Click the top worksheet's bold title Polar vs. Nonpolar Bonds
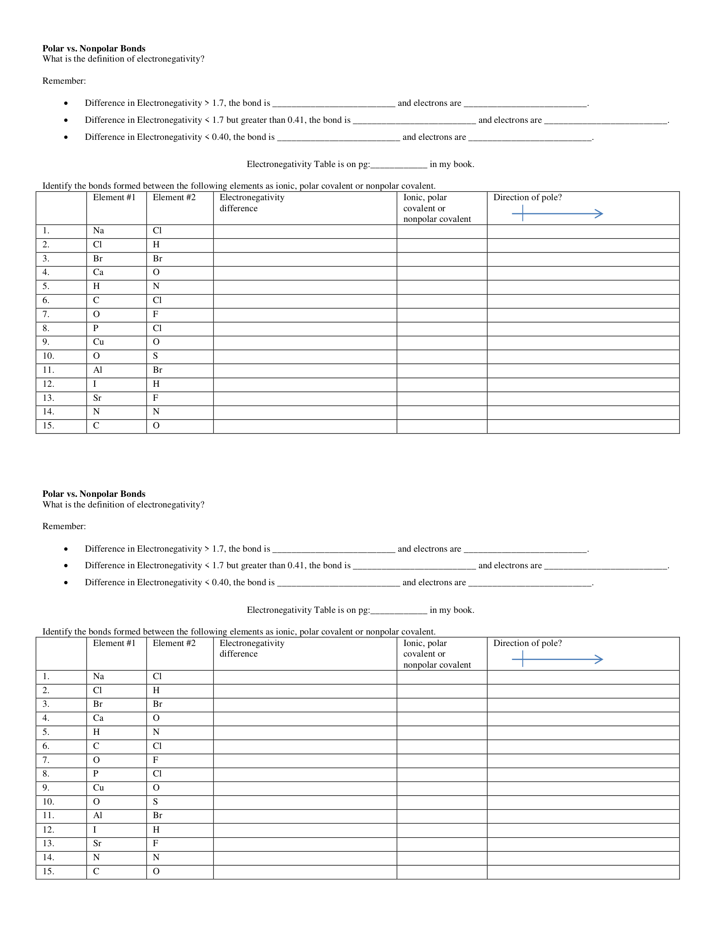pyautogui.click(x=94, y=48)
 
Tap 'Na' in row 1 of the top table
pyautogui.click(x=99, y=231)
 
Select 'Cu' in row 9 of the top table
pyautogui.click(x=99, y=342)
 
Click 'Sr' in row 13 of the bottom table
pyautogui.click(x=97, y=843)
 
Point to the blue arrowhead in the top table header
pyautogui.click(x=599, y=214)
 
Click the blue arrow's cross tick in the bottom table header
pyautogui.click(x=523, y=659)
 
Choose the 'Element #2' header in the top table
pyautogui.click(x=174, y=197)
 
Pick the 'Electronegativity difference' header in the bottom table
pyautogui.click(x=251, y=648)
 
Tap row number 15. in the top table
pyautogui.click(x=48, y=426)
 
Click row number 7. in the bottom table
pyautogui.click(x=46, y=760)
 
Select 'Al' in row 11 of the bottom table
pyautogui.click(x=98, y=816)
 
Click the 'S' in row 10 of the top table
pyautogui.click(x=155, y=356)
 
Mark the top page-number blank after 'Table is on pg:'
pyautogui.click(x=399, y=165)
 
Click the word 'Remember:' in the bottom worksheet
pyautogui.click(x=64, y=527)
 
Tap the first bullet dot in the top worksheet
pyautogui.click(x=66, y=103)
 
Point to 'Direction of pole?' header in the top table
pyautogui.click(x=527, y=197)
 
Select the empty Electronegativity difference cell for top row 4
pyautogui.click(x=305, y=273)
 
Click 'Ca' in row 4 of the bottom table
pyautogui.click(x=99, y=718)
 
